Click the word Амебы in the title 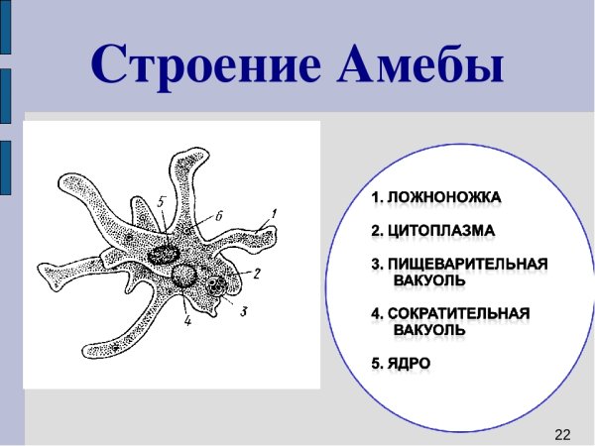[421, 64]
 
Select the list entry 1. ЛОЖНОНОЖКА [435, 198]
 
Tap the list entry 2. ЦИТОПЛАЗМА [433, 231]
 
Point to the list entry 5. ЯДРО [401, 363]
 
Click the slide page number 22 [562, 434]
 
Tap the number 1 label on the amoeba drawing [275, 211]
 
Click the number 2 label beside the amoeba [256, 274]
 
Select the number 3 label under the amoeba [243, 311]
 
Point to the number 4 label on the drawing [186, 319]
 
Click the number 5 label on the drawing [162, 201]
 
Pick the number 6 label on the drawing [219, 214]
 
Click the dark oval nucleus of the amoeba [159, 255]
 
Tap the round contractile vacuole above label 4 [183, 277]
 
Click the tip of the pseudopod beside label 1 [268, 234]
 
